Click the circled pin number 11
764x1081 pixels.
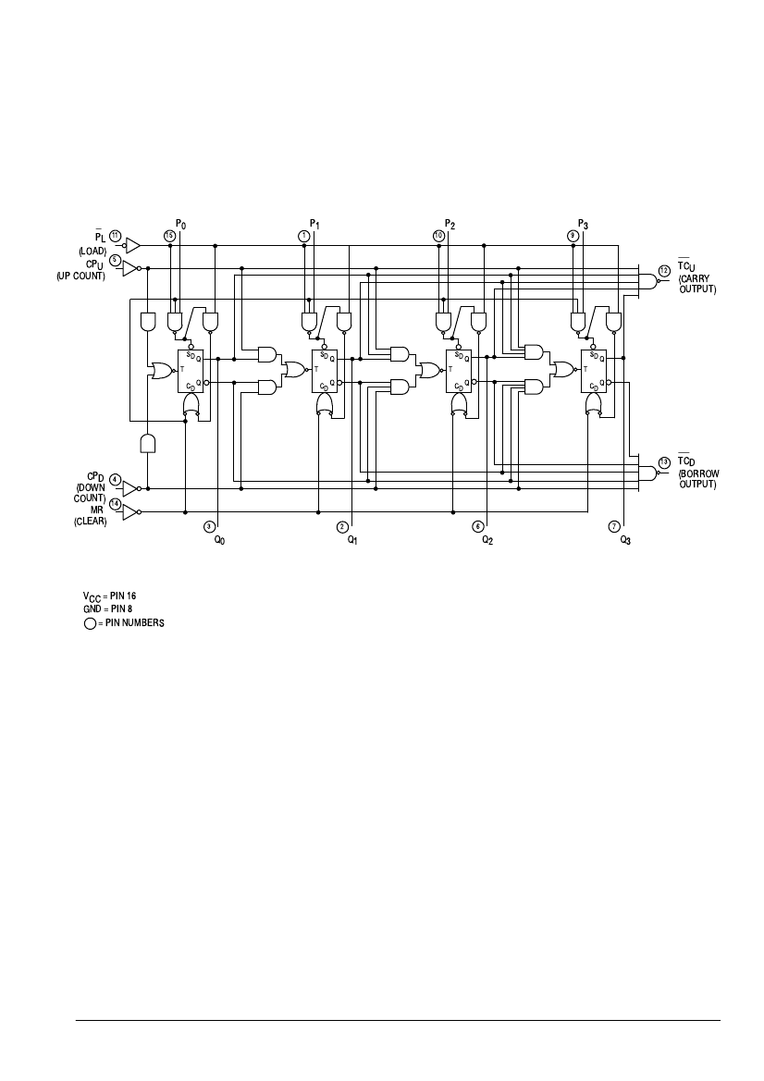116,236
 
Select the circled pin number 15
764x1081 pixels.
169,236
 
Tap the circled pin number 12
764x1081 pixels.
664,270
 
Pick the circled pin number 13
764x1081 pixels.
664,461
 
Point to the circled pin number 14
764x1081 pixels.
115,504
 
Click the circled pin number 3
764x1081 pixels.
210,526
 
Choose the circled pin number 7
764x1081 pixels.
615,526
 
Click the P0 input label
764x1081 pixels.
181,224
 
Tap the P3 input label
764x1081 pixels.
583,224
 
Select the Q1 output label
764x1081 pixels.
352,538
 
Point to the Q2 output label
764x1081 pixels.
487,538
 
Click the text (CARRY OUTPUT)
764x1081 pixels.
697,284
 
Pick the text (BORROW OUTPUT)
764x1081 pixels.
698,479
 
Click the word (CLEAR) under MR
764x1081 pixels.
90,521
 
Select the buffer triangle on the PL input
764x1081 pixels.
132,245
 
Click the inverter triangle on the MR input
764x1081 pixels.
129,511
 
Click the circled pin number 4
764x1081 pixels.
115,479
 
